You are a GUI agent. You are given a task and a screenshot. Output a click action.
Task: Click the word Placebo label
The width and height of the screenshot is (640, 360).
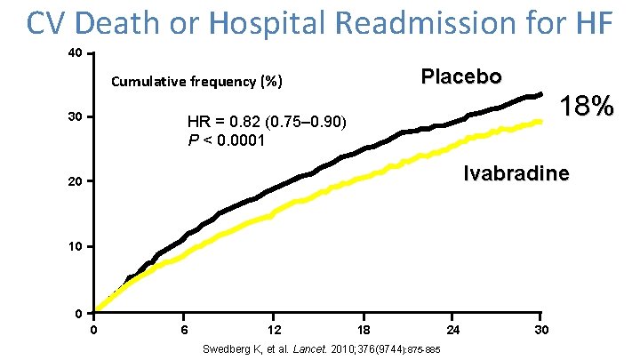(461, 76)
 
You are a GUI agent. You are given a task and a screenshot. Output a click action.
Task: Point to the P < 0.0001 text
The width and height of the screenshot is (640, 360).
(226, 140)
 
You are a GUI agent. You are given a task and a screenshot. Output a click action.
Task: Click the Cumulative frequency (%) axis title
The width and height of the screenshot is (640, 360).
(196, 83)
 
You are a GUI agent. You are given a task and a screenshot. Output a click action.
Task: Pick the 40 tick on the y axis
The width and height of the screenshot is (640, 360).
(76, 54)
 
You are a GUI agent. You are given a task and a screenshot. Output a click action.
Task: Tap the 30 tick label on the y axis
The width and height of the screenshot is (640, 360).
(76, 117)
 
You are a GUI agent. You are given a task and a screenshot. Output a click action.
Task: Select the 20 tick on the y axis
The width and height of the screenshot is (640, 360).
(76, 182)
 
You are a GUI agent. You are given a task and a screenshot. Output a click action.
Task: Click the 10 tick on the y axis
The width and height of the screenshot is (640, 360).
(76, 246)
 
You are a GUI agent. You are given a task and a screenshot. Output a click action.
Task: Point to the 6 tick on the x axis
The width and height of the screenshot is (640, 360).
(184, 331)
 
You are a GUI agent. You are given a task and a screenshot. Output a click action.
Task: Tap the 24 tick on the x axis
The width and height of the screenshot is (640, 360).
(452, 331)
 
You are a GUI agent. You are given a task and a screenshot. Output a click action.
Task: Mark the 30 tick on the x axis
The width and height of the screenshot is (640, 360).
(541, 331)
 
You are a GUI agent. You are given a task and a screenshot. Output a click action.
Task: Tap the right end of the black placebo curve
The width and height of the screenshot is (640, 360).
(540, 94)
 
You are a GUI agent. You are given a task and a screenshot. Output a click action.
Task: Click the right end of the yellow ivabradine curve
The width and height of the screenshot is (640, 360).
(540, 122)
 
